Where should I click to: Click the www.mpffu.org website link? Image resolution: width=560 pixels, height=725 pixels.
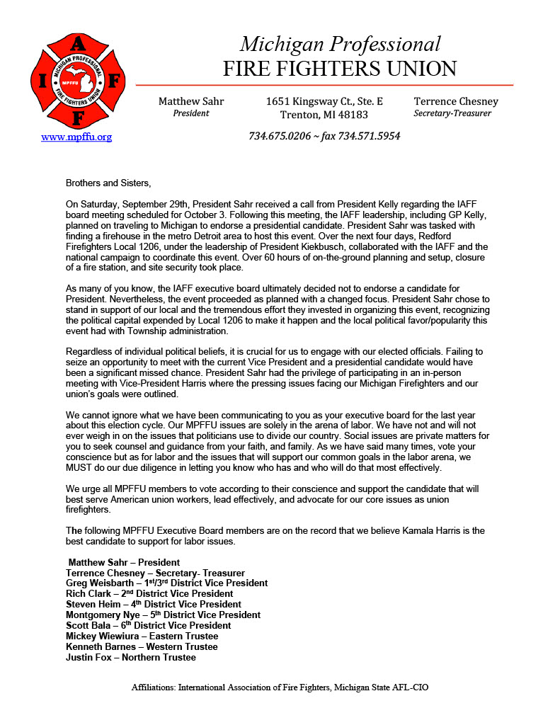point(76,137)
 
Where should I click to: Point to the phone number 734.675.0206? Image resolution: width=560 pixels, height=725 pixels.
point(280,136)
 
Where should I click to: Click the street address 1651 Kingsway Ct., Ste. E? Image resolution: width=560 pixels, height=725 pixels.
point(324,101)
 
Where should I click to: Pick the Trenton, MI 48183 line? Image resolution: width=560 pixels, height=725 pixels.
point(324,115)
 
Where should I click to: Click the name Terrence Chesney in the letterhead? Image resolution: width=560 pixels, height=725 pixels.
point(456,101)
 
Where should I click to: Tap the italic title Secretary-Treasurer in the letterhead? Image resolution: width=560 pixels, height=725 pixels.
point(452,114)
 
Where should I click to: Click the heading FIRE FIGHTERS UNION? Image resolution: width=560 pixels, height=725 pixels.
point(340,69)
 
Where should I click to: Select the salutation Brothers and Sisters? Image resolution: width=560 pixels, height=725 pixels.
point(108,183)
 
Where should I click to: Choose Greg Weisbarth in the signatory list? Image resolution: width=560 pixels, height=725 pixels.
point(98,583)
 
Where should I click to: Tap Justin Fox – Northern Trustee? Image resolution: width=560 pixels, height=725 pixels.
point(130,658)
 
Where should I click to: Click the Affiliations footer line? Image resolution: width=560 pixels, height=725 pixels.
point(280,687)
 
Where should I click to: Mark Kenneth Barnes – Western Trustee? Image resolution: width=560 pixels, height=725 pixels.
point(141,647)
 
